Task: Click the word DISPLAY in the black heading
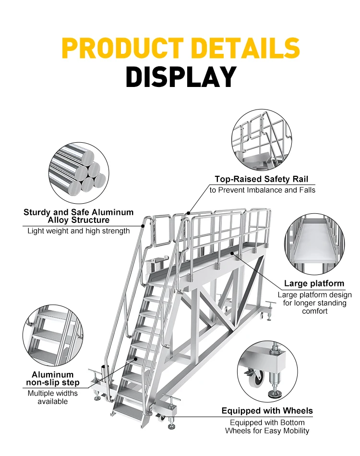tap(181, 77)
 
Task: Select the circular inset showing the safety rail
tap(262, 139)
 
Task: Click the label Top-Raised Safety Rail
tap(259, 179)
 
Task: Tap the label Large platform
tap(314, 283)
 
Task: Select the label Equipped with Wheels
tap(267, 411)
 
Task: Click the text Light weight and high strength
tap(78, 231)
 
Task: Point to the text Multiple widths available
tap(53, 397)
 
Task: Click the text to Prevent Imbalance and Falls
tap(263, 190)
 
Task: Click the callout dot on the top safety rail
tap(189, 212)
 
